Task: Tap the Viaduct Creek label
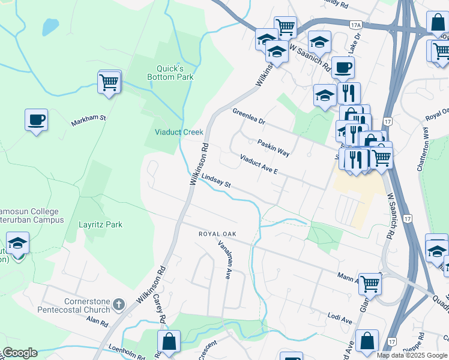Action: click(x=179, y=132)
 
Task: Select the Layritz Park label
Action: click(x=101, y=225)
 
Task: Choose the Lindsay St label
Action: click(x=216, y=181)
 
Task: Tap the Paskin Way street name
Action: click(x=274, y=148)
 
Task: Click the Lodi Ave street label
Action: click(x=340, y=317)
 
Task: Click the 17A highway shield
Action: click(x=356, y=25)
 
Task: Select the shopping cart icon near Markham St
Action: click(x=109, y=82)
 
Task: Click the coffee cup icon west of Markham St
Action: click(x=36, y=119)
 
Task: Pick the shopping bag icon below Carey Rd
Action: click(x=169, y=341)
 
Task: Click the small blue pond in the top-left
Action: click(x=50, y=26)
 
